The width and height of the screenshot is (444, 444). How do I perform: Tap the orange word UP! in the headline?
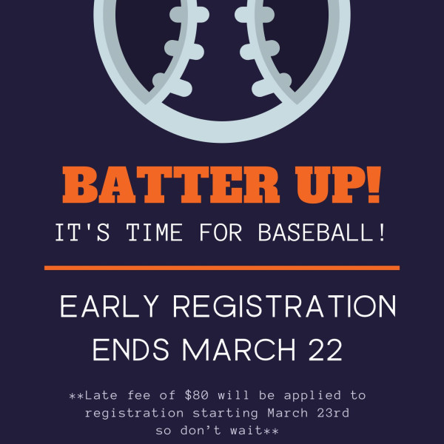pyautogui.click(x=338, y=184)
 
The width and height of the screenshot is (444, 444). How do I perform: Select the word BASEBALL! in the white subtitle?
pyautogui.click(x=322, y=232)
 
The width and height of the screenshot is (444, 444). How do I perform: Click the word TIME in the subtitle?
pyautogui.click(x=155, y=232)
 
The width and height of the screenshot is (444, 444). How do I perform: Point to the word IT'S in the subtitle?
pyautogui.click(x=82, y=232)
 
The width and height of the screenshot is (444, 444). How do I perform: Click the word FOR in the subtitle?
pyautogui.click(x=221, y=232)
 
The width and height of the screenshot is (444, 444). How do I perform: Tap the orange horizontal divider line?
pyautogui.click(x=222, y=268)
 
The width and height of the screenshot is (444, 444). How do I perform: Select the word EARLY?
pyautogui.click(x=109, y=306)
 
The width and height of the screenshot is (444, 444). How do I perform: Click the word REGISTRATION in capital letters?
pyautogui.click(x=284, y=306)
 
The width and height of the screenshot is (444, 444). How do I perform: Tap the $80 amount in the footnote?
pyautogui.click(x=197, y=395)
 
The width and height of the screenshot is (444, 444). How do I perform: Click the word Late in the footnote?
pyautogui.click(x=101, y=395)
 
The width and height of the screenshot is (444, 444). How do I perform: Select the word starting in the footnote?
pyautogui.click(x=226, y=414)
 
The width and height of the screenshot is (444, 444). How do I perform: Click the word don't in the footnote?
pyautogui.click(x=201, y=431)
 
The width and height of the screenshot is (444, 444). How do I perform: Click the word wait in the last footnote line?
pyautogui.click(x=246, y=431)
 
